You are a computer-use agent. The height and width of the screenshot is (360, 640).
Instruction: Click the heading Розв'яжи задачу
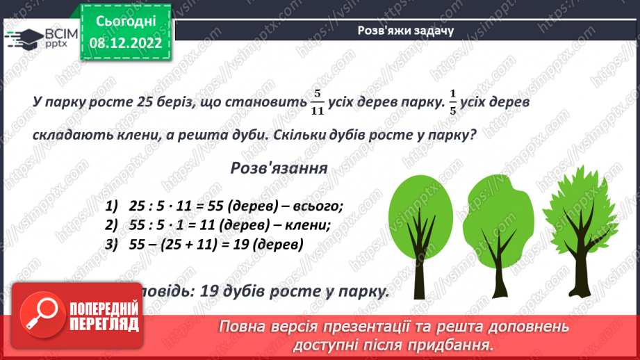coord(407,30)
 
